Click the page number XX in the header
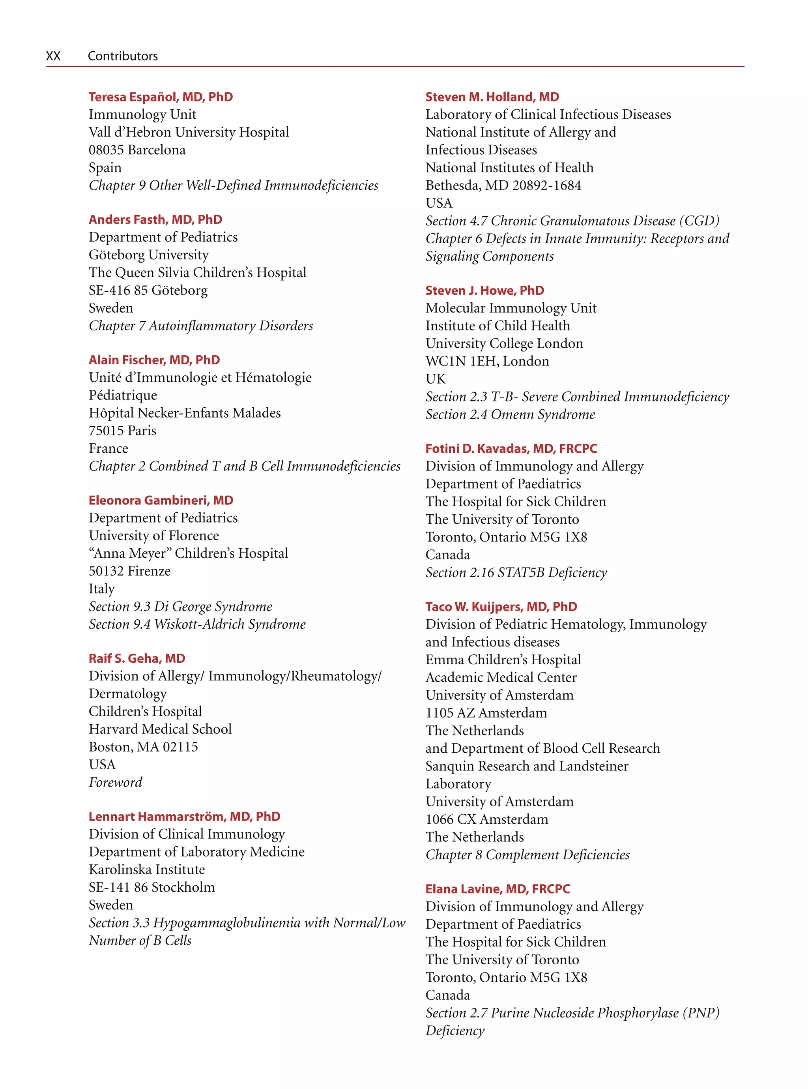click(53, 56)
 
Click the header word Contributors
click(122, 56)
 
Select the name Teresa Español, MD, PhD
click(161, 97)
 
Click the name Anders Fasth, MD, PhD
click(155, 220)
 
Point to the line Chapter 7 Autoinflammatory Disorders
click(200, 326)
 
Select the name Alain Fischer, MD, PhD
click(154, 360)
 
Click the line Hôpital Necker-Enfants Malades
click(184, 413)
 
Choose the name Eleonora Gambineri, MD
click(161, 500)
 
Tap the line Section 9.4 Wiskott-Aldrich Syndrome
click(197, 624)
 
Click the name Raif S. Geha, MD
click(137, 658)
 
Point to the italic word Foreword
click(116, 782)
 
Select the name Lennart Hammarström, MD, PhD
click(184, 817)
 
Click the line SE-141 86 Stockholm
click(151, 887)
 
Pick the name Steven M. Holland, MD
click(492, 97)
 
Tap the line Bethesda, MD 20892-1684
click(503, 186)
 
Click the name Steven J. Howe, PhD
click(484, 291)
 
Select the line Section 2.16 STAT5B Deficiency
click(516, 572)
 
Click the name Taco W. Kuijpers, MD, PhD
click(501, 607)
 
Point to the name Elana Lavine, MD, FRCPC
click(498, 889)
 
